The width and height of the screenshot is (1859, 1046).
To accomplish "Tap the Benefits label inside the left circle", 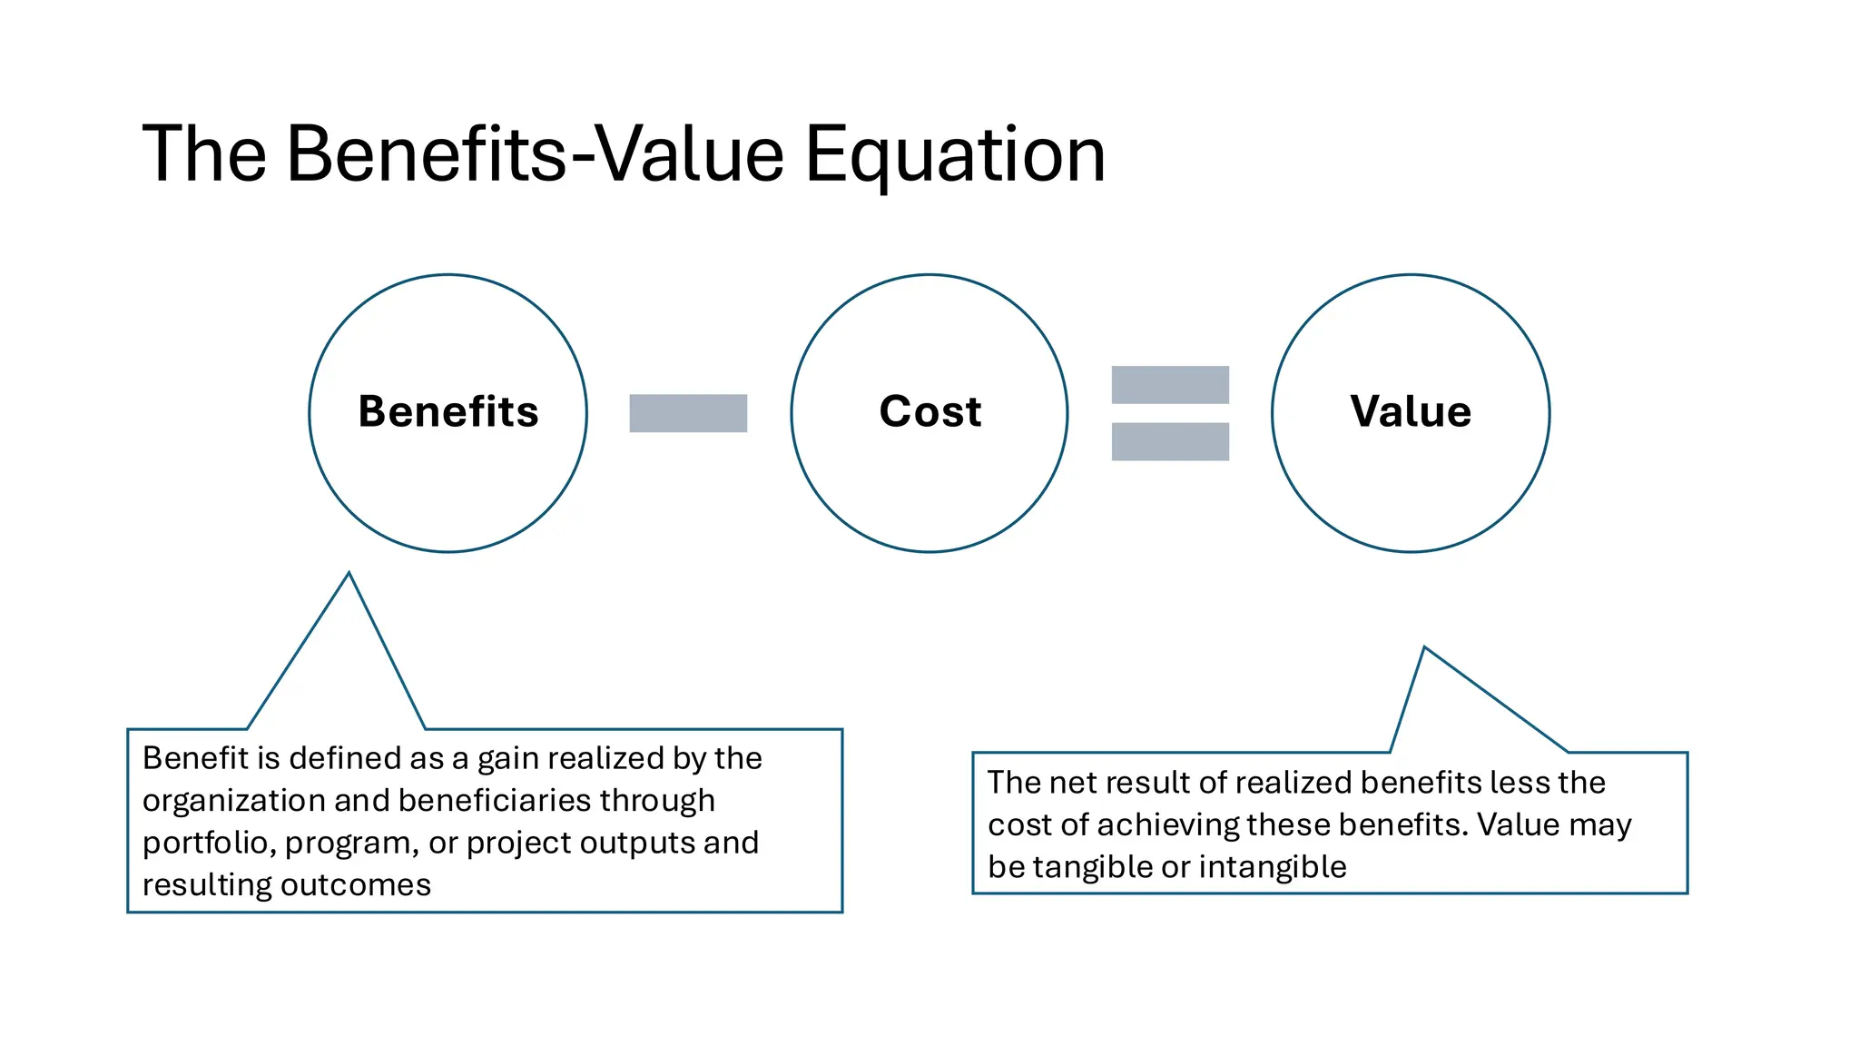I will [448, 411].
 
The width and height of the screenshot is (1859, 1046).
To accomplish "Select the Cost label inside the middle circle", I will [930, 411].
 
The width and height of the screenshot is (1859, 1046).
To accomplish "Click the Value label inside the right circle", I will [1411, 411].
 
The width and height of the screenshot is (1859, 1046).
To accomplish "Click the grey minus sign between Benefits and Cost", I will [688, 413].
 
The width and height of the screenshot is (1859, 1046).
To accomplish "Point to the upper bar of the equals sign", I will [1170, 385].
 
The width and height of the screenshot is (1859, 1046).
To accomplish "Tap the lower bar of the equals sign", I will [1170, 442].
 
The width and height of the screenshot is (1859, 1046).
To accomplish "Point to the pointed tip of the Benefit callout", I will [349, 574].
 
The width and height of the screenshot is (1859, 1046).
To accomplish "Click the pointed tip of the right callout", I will [1424, 648].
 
